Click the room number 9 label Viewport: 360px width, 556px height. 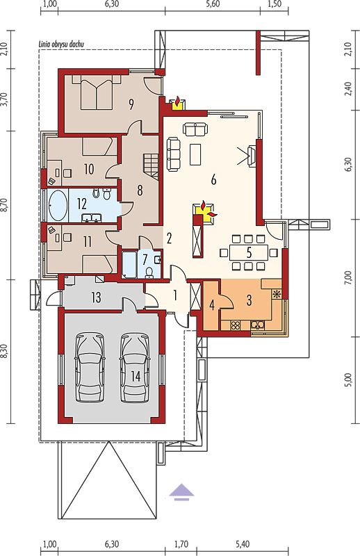(x=131, y=104)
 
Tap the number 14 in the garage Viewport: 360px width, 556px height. (x=136, y=376)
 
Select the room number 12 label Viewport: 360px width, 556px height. (x=82, y=204)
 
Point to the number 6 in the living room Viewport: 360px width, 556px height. (x=213, y=180)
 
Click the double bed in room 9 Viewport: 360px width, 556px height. (x=97, y=92)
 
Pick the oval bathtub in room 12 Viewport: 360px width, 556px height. (x=58, y=205)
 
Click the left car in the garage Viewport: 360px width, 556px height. (x=90, y=367)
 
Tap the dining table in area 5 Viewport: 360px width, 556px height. (x=249, y=253)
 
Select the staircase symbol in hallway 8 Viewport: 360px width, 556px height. (x=150, y=166)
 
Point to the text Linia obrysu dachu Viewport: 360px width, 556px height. (x=61, y=44)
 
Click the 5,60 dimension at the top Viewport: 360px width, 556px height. (x=213, y=4)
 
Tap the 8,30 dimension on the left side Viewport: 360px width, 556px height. (x=4, y=351)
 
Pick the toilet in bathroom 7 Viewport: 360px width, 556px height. (x=149, y=272)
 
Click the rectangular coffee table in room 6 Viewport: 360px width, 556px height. (x=195, y=154)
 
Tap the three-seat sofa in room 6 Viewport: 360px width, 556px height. (x=174, y=154)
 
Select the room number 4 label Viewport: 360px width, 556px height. (x=212, y=304)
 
